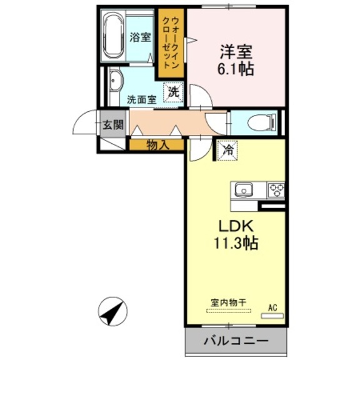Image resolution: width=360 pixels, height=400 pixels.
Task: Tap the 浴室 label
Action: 140,37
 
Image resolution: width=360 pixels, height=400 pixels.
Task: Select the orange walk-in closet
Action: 171,43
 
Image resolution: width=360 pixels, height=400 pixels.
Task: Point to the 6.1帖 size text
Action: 236,69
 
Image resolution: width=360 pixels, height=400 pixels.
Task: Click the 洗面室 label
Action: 141,99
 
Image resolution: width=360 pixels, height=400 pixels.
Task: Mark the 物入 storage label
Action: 157,145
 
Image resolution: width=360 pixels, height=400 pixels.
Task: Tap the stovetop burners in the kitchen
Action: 276,189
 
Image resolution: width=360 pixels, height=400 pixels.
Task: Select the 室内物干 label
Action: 227,302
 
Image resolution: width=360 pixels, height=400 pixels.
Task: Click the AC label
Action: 272,307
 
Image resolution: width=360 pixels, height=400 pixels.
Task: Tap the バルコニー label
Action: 236,342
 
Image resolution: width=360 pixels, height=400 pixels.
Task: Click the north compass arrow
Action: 113,311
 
